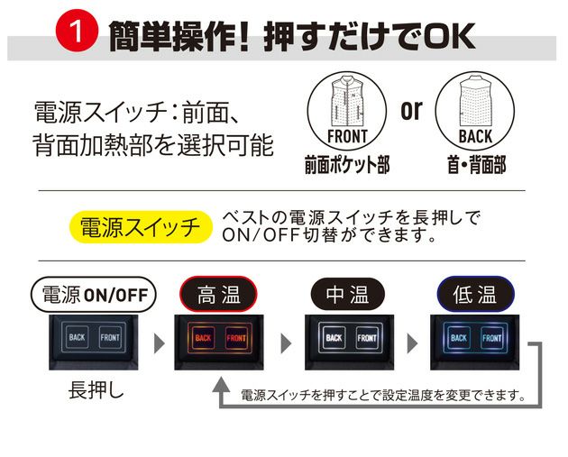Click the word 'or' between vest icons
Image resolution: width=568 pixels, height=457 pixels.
pyautogui.click(x=411, y=111)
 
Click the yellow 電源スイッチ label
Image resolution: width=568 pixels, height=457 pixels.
pyautogui.click(x=140, y=226)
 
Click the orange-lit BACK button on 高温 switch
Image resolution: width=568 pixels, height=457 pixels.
pyautogui.click(x=202, y=339)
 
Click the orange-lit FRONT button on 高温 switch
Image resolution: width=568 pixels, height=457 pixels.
pyautogui.click(x=235, y=339)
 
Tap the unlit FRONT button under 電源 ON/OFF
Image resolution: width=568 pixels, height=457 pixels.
pyautogui.click(x=108, y=337)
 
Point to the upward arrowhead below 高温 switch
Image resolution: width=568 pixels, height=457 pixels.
pyautogui.click(x=219, y=386)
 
